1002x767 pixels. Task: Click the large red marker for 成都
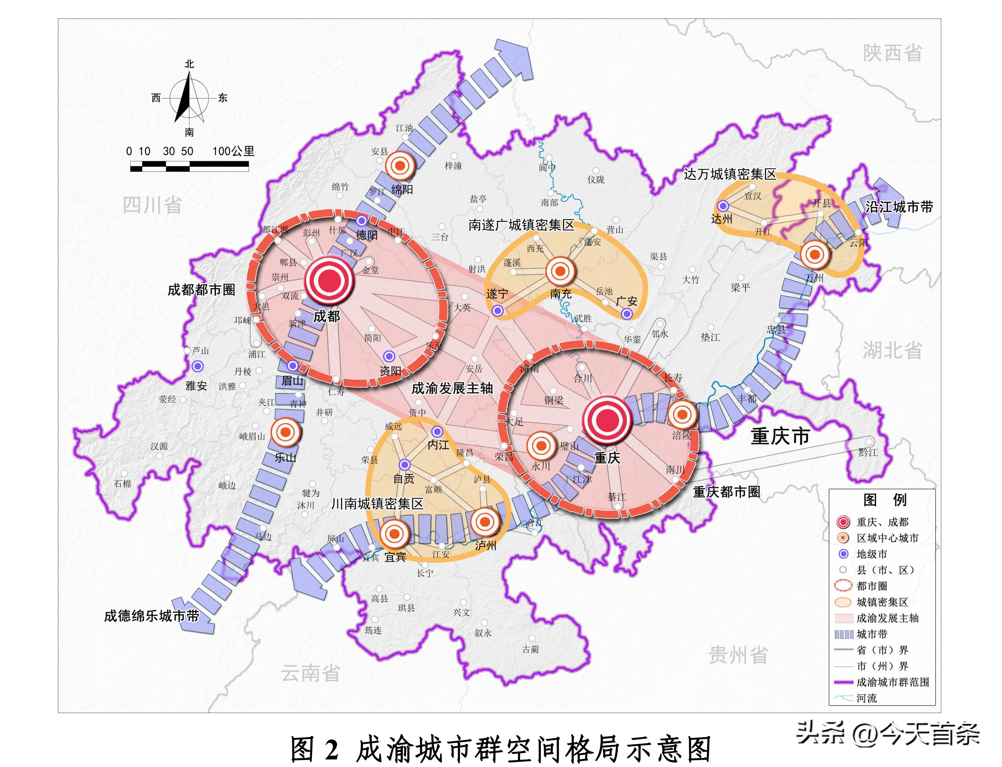[329, 280]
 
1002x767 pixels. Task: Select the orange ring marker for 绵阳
[400, 166]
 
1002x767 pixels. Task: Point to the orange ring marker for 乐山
[285, 432]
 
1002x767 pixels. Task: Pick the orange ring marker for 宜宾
[394, 533]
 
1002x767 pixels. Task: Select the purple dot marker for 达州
[722, 206]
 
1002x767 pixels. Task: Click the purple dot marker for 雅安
[197, 366]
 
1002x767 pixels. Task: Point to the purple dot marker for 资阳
[389, 356]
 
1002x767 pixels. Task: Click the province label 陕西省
[892, 53]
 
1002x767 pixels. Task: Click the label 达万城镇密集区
[730, 174]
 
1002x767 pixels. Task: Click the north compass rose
[189, 98]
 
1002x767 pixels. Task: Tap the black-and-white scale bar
[189, 168]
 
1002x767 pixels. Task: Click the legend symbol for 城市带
[843, 634]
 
